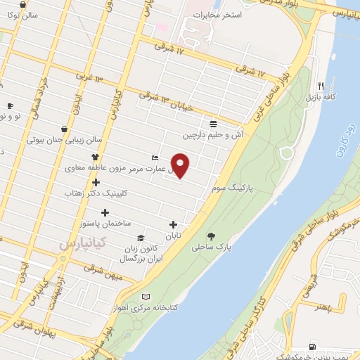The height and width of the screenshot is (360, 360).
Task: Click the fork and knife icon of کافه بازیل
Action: tap(321, 82)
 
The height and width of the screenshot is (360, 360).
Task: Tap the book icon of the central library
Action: tap(146, 297)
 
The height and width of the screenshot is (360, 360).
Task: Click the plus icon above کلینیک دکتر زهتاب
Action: tap(96, 182)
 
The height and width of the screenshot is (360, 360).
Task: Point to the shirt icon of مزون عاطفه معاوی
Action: tap(96, 157)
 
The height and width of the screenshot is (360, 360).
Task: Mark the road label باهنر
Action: tap(323, 307)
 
